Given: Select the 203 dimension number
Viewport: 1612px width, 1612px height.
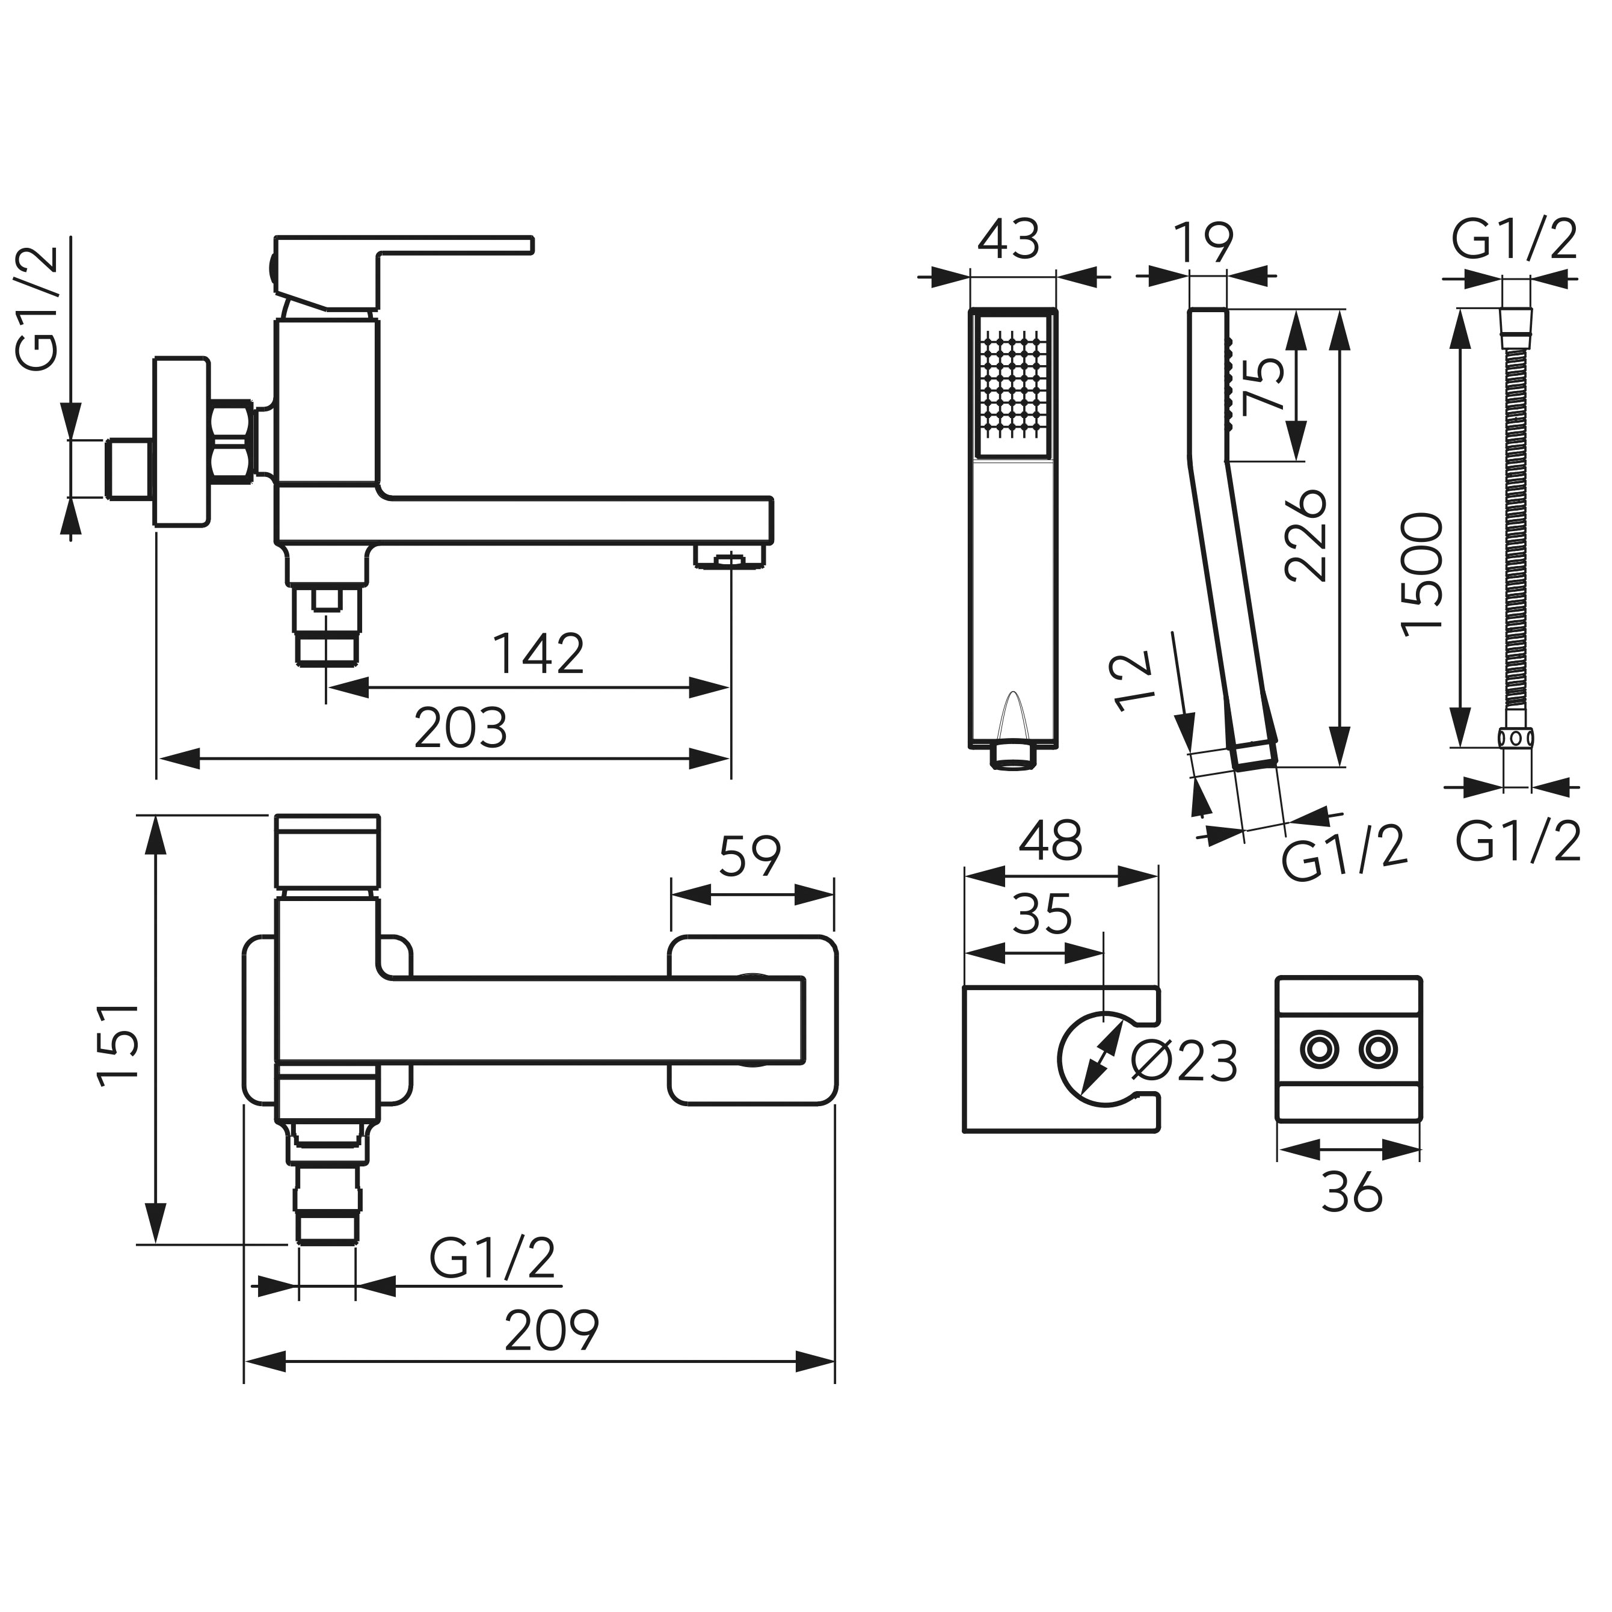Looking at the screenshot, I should click(x=461, y=728).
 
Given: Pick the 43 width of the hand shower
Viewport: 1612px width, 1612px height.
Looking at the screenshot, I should click(x=1009, y=241).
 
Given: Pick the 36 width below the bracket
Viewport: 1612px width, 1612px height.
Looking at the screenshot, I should click(x=1352, y=1193).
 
